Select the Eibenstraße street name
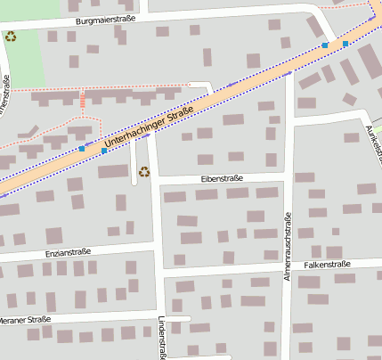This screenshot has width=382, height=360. (222, 178)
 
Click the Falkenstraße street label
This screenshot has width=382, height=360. (328, 264)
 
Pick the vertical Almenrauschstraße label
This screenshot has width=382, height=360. (288, 247)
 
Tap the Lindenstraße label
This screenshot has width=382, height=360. (162, 337)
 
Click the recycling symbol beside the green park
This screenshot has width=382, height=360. (11, 37)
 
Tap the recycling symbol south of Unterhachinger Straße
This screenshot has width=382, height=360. (143, 171)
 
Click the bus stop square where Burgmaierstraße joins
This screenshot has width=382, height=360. (325, 45)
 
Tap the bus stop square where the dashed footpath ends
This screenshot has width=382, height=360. (82, 148)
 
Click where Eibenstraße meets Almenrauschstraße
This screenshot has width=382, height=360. (288, 176)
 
